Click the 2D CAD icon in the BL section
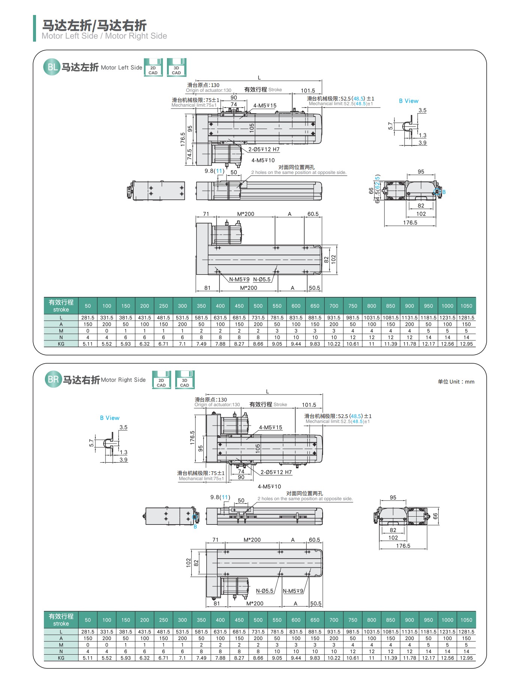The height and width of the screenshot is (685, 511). (x=153, y=67)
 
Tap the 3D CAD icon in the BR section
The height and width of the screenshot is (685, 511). (x=185, y=380)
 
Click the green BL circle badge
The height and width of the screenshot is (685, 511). (x=52, y=67)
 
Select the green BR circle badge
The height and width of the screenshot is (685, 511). (x=53, y=379)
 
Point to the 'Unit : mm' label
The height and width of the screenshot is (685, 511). (x=456, y=382)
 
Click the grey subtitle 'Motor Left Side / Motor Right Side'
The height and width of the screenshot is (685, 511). (x=104, y=36)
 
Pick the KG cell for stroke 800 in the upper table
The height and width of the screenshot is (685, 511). (x=371, y=344)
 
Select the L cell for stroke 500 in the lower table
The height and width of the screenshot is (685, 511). (x=258, y=632)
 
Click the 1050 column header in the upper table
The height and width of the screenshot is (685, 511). (x=466, y=306)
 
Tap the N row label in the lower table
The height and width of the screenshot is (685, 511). (x=61, y=651)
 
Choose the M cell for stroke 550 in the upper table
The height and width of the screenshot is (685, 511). (x=277, y=331)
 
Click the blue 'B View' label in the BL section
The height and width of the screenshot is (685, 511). (x=409, y=101)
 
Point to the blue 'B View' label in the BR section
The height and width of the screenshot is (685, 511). (x=110, y=418)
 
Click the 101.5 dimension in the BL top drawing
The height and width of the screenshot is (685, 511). (x=308, y=91)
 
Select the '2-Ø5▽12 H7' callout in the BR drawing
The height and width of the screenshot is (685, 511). (x=276, y=472)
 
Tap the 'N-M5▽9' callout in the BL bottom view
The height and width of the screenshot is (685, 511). (x=239, y=279)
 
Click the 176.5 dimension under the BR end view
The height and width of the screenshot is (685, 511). (x=403, y=546)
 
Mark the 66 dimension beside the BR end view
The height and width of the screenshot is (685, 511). (x=435, y=516)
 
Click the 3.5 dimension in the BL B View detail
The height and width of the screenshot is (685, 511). (x=422, y=111)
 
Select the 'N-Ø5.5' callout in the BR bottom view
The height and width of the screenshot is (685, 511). (x=265, y=591)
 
